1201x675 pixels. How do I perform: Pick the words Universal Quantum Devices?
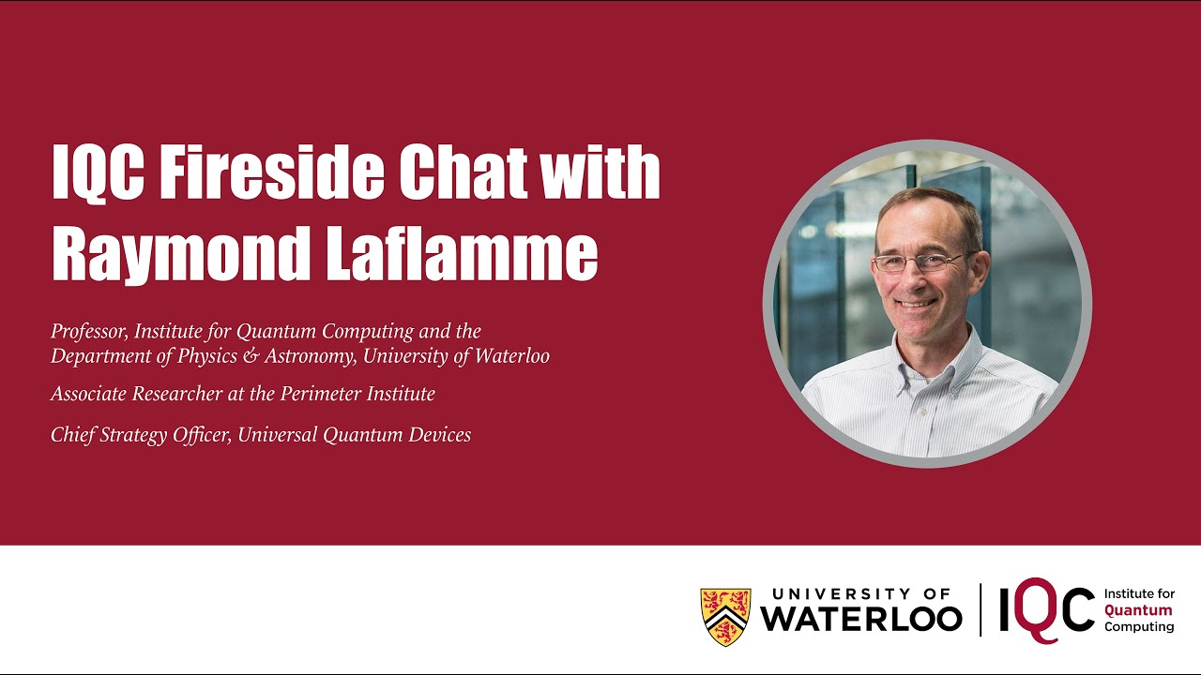(355, 435)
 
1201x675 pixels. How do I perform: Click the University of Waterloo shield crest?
(725, 617)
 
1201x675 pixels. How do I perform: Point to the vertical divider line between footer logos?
(981, 609)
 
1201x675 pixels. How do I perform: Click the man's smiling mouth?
(918, 303)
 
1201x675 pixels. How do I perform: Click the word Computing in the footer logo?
(1139, 626)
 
